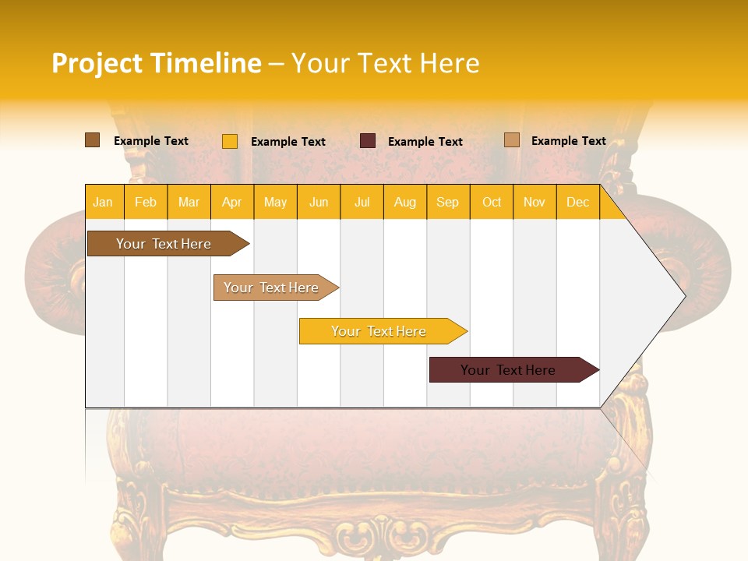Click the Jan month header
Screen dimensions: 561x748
103,202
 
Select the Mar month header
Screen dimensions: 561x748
189,202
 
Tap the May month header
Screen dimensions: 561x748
275,202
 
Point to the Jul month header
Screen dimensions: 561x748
362,202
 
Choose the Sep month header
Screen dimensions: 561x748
447,202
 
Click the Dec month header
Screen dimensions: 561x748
577,202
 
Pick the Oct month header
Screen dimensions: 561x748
492,202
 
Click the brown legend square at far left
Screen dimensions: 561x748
93,140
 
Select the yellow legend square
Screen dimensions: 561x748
230,141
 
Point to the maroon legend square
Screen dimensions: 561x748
368,141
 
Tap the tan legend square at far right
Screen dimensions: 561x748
512,140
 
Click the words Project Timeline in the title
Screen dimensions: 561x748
157,63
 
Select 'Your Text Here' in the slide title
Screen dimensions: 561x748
385,63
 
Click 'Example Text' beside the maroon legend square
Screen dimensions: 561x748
425,142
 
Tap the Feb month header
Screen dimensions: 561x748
146,202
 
